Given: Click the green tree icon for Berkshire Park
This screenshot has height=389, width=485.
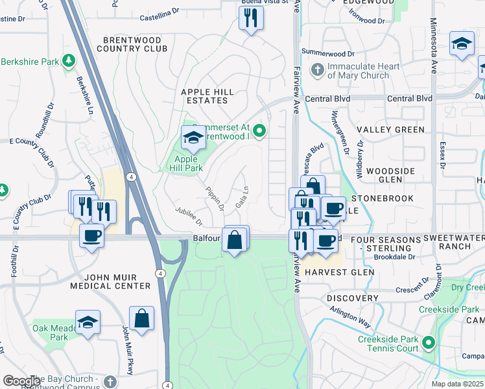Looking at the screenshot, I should coord(67,61).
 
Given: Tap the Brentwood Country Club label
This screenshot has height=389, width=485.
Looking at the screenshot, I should coord(132,44).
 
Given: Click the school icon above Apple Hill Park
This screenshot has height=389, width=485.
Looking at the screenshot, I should coord(193,137).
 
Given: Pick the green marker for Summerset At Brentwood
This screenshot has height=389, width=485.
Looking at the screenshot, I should coord(259,132).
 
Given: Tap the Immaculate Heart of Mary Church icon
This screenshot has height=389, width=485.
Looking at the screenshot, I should coord(318,69).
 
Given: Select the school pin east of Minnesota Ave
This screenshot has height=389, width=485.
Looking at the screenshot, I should coord(461,43).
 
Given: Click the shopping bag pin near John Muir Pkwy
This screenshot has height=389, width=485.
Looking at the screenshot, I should coord(141,318).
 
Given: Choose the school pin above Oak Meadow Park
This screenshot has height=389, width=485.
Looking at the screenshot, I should coord(88,322).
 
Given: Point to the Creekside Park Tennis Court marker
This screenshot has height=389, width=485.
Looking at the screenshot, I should coord(428,342).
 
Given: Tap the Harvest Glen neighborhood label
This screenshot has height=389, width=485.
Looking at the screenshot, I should coord(341,272).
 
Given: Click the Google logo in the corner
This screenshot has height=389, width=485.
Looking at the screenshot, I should coord(21,381).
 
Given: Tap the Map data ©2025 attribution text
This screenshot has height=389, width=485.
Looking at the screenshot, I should coord(458,384).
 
